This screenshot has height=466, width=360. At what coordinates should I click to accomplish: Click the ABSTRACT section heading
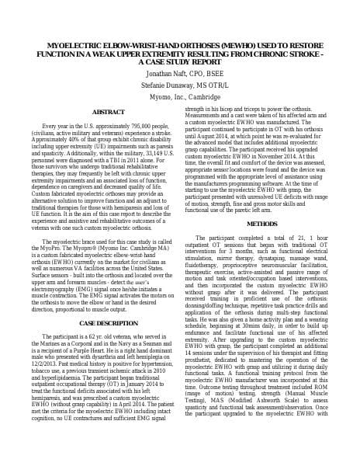click(x=108, y=112)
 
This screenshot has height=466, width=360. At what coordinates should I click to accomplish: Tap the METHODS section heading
click(x=261, y=224)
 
